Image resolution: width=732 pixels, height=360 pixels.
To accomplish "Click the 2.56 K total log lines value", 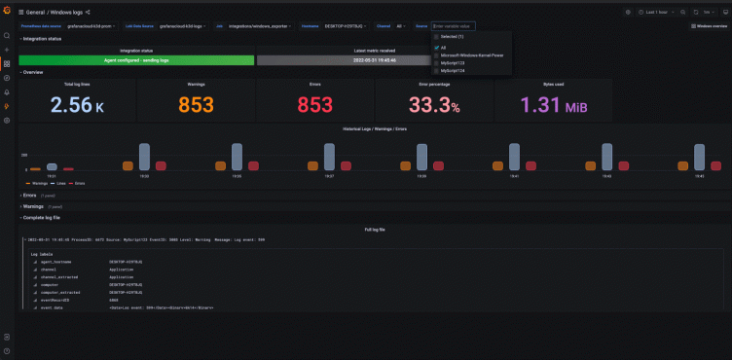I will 77,105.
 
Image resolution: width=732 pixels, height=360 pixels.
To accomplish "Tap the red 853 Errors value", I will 314,105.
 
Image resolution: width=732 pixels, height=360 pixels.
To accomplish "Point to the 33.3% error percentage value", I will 433,105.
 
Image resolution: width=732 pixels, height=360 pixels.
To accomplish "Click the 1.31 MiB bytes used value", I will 553,105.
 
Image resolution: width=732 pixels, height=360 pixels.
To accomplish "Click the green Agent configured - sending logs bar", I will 136,59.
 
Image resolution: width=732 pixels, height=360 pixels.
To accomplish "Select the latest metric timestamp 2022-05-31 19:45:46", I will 375,59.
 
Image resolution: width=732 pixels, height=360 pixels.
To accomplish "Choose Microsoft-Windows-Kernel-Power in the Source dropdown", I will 477,55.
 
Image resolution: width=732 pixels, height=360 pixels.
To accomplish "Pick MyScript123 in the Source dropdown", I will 454,63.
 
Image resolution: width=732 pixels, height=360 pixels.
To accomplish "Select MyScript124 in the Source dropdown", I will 454,71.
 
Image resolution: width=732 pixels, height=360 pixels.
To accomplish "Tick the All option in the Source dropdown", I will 444,47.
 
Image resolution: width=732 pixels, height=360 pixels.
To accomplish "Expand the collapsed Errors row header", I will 28,195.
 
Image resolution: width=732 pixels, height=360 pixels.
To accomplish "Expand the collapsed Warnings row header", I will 33,206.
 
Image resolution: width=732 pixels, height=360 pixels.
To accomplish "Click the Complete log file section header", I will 46,217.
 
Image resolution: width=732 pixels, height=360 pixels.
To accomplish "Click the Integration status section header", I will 43,39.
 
